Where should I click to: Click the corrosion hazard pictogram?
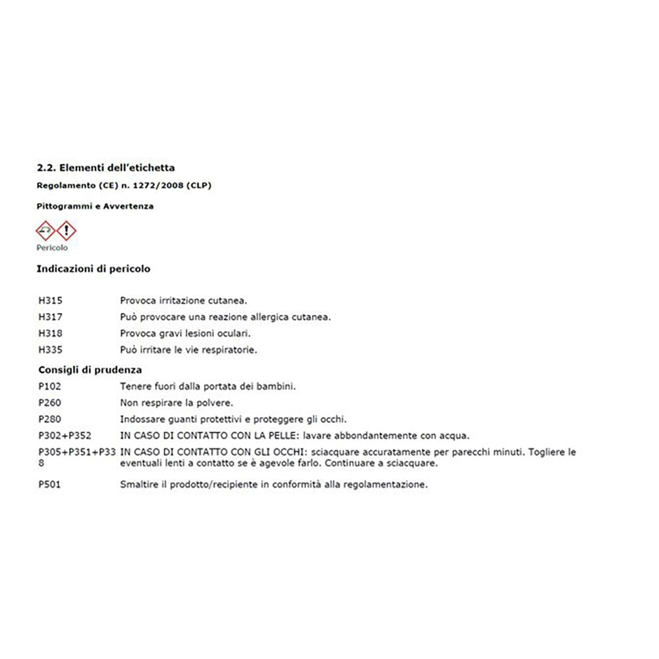tap(45, 231)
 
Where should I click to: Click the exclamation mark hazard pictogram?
tap(66, 231)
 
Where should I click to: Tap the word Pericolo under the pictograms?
tap(52, 248)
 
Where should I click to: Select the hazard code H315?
tap(51, 301)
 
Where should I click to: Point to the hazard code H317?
tap(51, 317)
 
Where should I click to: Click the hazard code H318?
tap(51, 333)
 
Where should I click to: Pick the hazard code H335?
tap(51, 350)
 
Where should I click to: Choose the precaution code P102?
tap(51, 386)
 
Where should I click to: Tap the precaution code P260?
tap(51, 403)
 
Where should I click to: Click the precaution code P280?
tap(51, 419)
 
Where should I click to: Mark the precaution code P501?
tap(51, 485)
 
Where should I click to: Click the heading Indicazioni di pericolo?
tap(94, 269)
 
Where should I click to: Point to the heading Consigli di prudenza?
tap(90, 370)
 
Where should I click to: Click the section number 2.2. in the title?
tap(45, 168)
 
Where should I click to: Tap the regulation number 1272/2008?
tap(161, 186)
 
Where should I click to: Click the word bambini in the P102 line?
tap(277, 386)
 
